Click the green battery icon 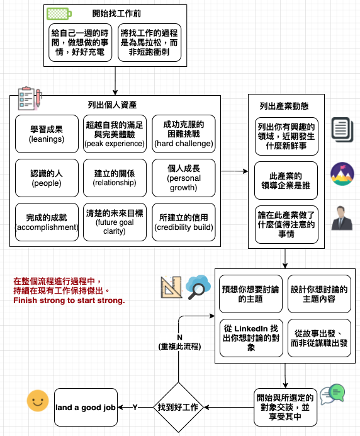point(59,14)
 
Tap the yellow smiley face point(38,401)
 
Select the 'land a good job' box point(86,408)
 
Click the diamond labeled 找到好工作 point(178,408)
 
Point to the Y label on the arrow point(135,408)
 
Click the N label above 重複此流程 point(180,338)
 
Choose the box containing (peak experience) point(115,134)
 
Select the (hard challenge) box point(184,134)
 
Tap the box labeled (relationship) point(115,178)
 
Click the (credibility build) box point(184,222)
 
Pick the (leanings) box point(47,134)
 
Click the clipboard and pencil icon point(30,98)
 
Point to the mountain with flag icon point(342,174)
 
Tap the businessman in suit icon point(342,218)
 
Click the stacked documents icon point(342,130)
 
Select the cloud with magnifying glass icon point(198,287)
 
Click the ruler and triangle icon point(171,287)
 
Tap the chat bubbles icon point(332,394)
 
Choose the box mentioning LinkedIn point(251,338)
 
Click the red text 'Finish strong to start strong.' point(69,301)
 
